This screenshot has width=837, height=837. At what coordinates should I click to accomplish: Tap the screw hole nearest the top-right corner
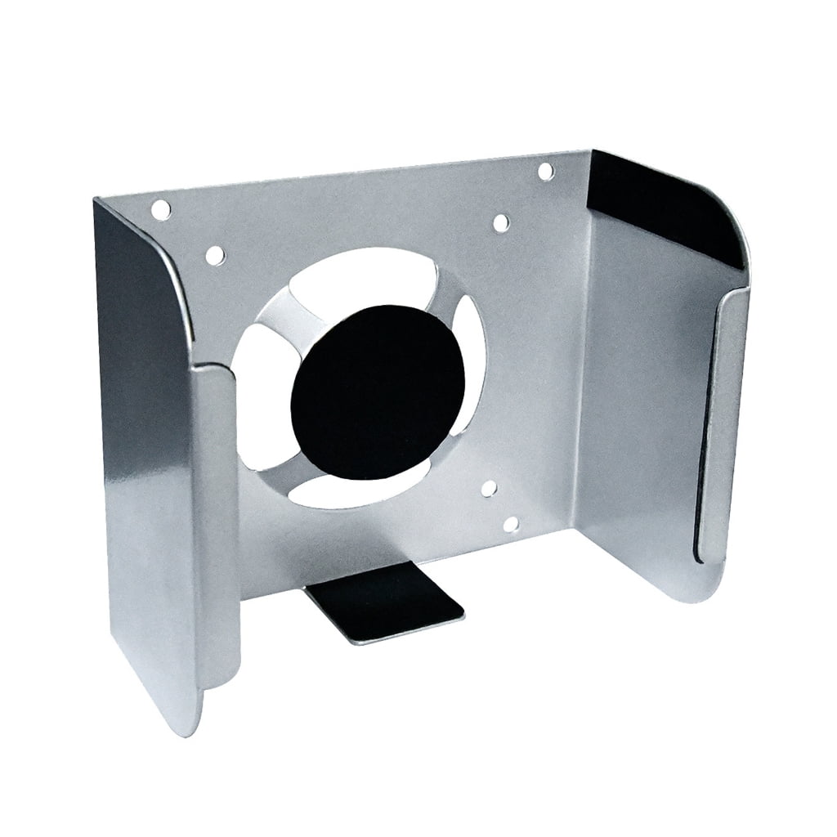pos(546,171)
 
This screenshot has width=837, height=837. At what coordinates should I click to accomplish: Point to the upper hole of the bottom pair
pos(489,489)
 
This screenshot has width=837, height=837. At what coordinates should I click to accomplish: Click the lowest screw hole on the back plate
pos(512,524)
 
